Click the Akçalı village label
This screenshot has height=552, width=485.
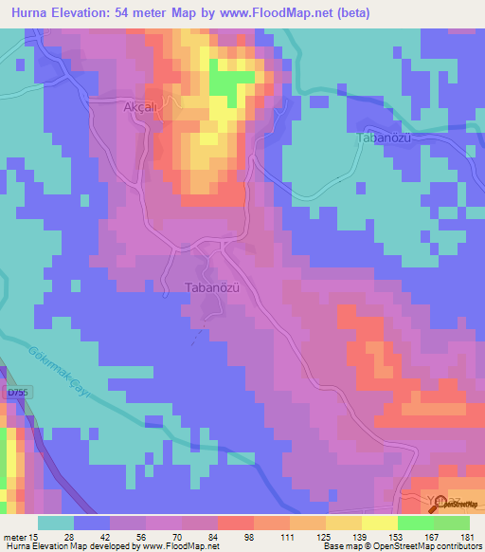pos(138,108)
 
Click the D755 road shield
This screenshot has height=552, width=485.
pos(17,392)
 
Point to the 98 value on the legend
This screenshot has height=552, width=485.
pos(248,538)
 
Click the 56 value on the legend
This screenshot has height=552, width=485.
pos(139,538)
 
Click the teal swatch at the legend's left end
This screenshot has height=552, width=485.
pos(56,523)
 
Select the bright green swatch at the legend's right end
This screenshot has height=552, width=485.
pos(451,523)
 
